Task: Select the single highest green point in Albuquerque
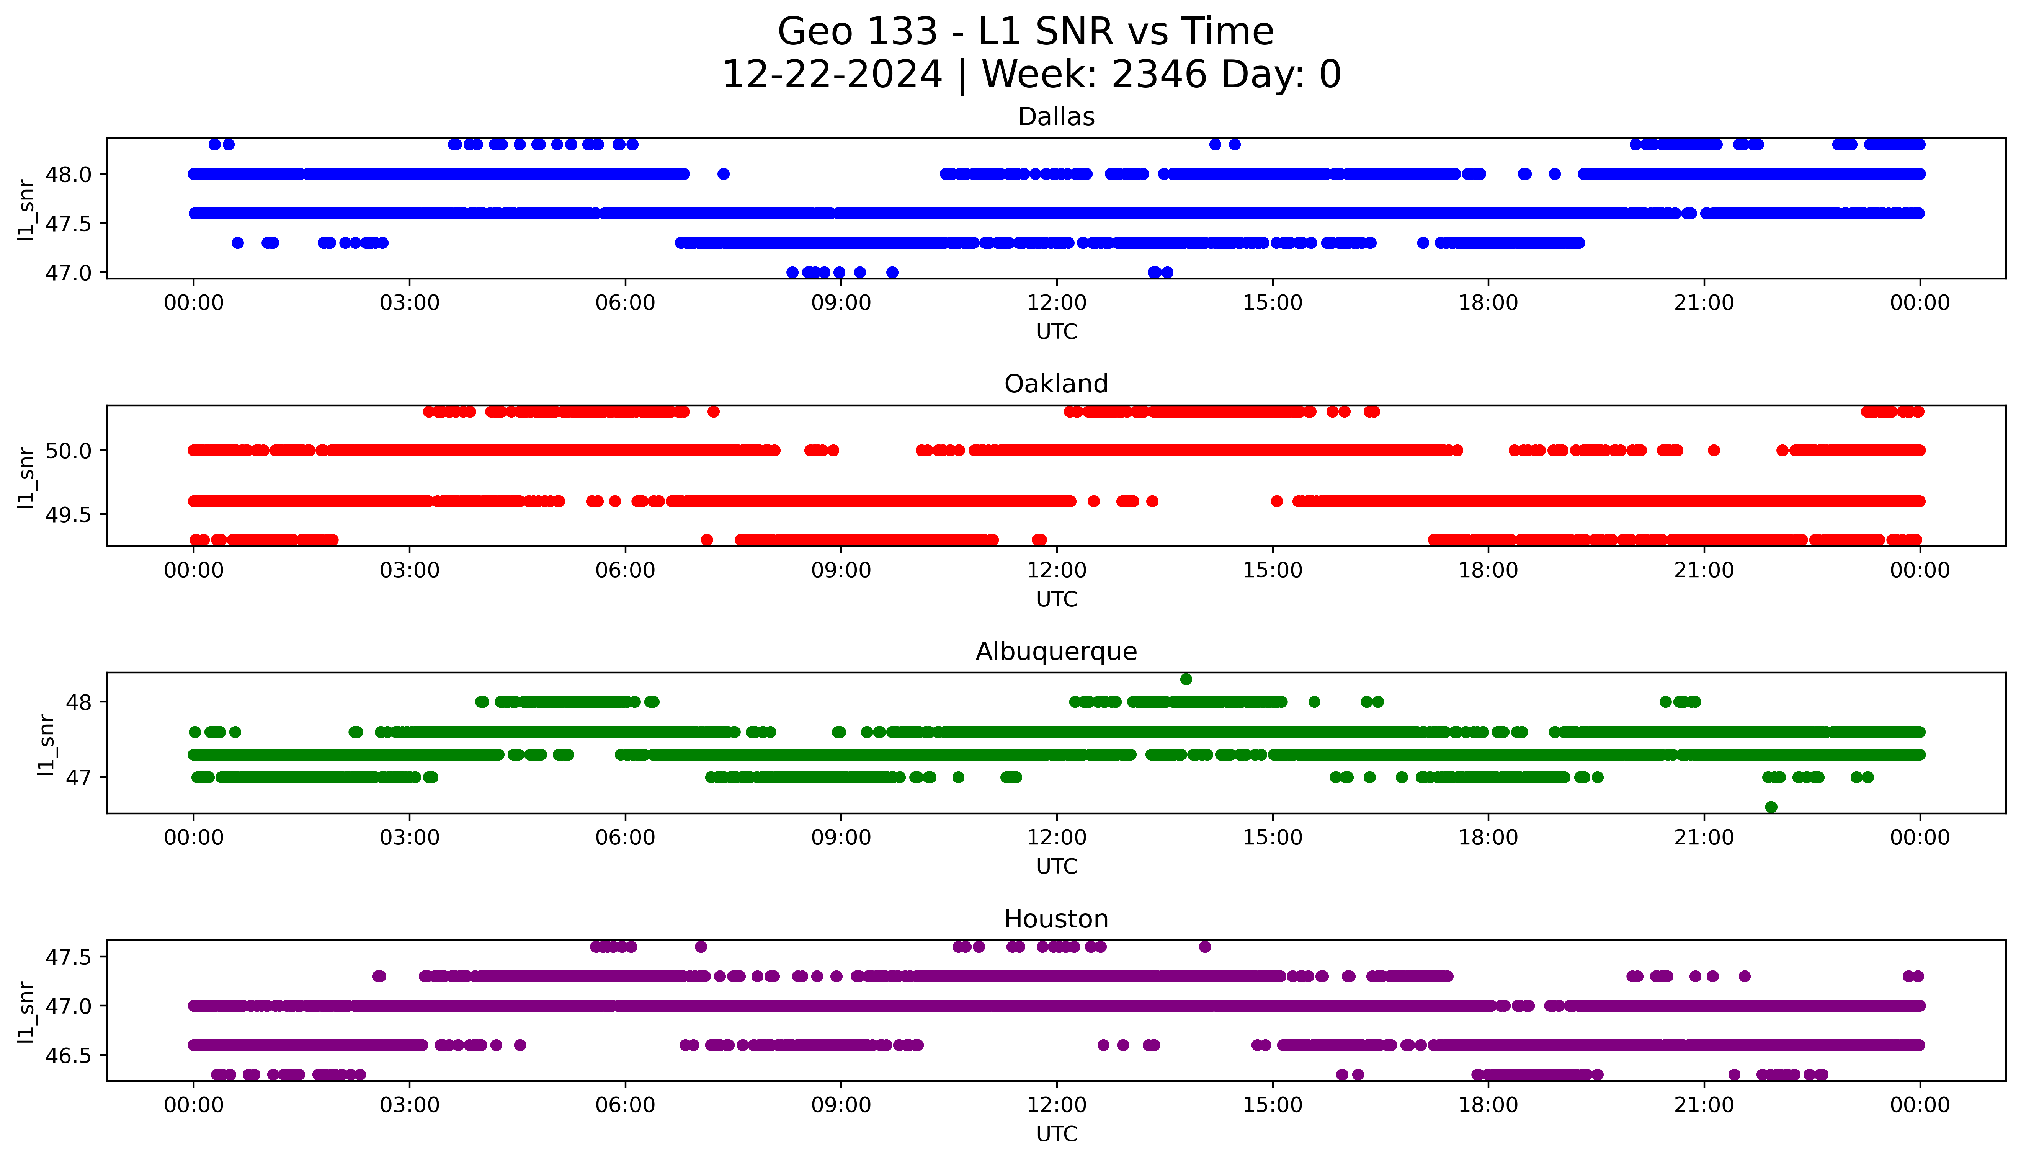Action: pos(1186,679)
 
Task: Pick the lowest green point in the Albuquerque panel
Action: pos(1771,807)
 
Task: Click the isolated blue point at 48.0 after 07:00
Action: pos(723,174)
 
